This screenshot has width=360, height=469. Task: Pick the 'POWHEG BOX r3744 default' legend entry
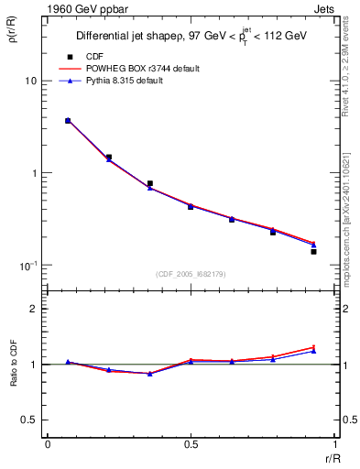pos(139,69)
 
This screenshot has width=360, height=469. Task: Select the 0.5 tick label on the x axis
pos(191,444)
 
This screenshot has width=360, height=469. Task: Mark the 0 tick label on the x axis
pos(48,444)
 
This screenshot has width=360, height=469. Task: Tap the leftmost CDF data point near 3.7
pos(68,120)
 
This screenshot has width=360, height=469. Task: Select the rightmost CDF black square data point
pos(313,251)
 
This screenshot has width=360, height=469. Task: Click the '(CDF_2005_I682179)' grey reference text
pos(191,273)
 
